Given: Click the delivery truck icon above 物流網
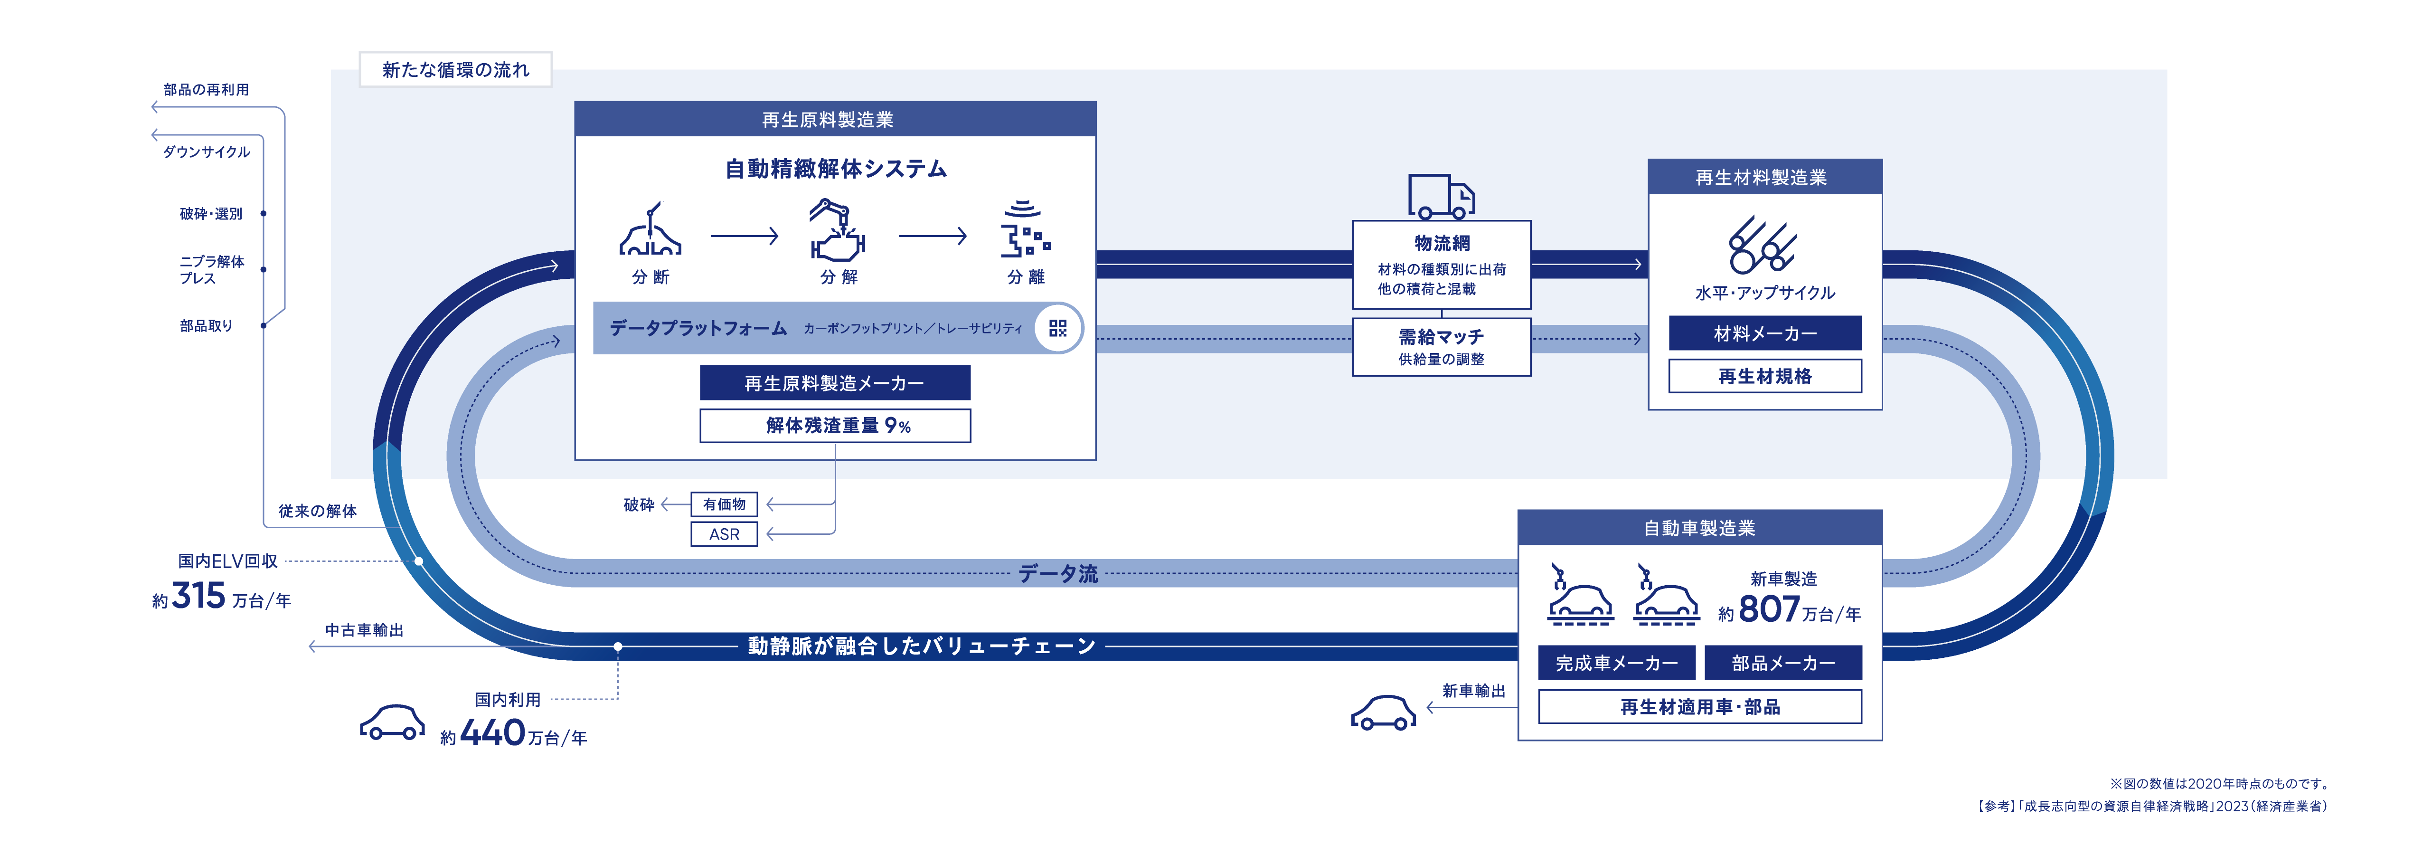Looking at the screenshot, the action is pos(1441,197).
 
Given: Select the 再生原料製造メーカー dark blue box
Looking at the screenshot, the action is pos(834,383).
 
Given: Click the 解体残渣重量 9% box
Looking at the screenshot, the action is pos(834,425).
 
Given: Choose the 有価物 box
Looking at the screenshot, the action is pos(724,504).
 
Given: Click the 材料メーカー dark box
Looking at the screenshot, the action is pos(1764,333).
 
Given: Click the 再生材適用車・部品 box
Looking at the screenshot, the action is pos(1700,706).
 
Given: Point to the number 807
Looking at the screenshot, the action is pos(1768,609).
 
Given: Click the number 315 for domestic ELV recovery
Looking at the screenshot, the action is pos(198,595).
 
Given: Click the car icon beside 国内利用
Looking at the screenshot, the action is pos(392,722).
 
